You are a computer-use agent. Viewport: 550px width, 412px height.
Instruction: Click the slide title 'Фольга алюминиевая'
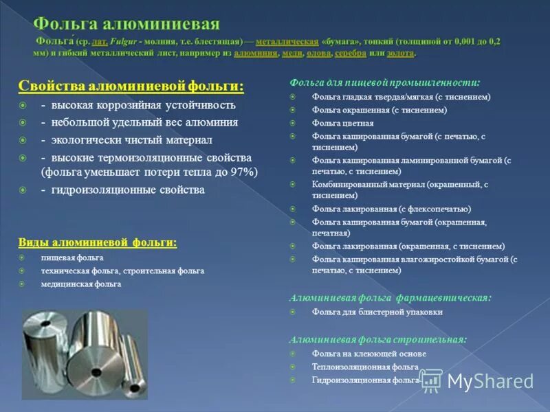pyautogui.click(x=127, y=24)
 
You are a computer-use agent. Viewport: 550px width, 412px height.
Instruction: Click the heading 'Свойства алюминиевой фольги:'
pyautogui.click(x=130, y=86)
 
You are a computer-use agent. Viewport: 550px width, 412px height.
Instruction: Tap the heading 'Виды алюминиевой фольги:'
pyautogui.click(x=97, y=242)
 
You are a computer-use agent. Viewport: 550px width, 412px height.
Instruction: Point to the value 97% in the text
pyautogui.click(x=242, y=172)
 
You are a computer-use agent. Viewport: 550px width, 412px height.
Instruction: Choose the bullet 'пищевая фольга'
pyautogui.click(x=72, y=257)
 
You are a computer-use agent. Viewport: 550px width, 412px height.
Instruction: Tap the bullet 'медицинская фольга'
pyautogui.click(x=81, y=284)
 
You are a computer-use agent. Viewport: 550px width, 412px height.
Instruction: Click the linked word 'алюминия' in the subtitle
pyautogui.click(x=256, y=53)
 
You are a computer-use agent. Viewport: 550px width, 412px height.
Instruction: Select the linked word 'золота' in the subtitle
pyautogui.click(x=401, y=53)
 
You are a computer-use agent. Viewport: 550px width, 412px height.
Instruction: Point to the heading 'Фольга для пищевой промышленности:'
pyautogui.click(x=385, y=82)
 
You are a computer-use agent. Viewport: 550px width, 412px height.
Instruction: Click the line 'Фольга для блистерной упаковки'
pyautogui.click(x=377, y=312)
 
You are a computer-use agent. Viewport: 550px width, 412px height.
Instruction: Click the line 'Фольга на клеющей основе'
pyautogui.click(x=369, y=354)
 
